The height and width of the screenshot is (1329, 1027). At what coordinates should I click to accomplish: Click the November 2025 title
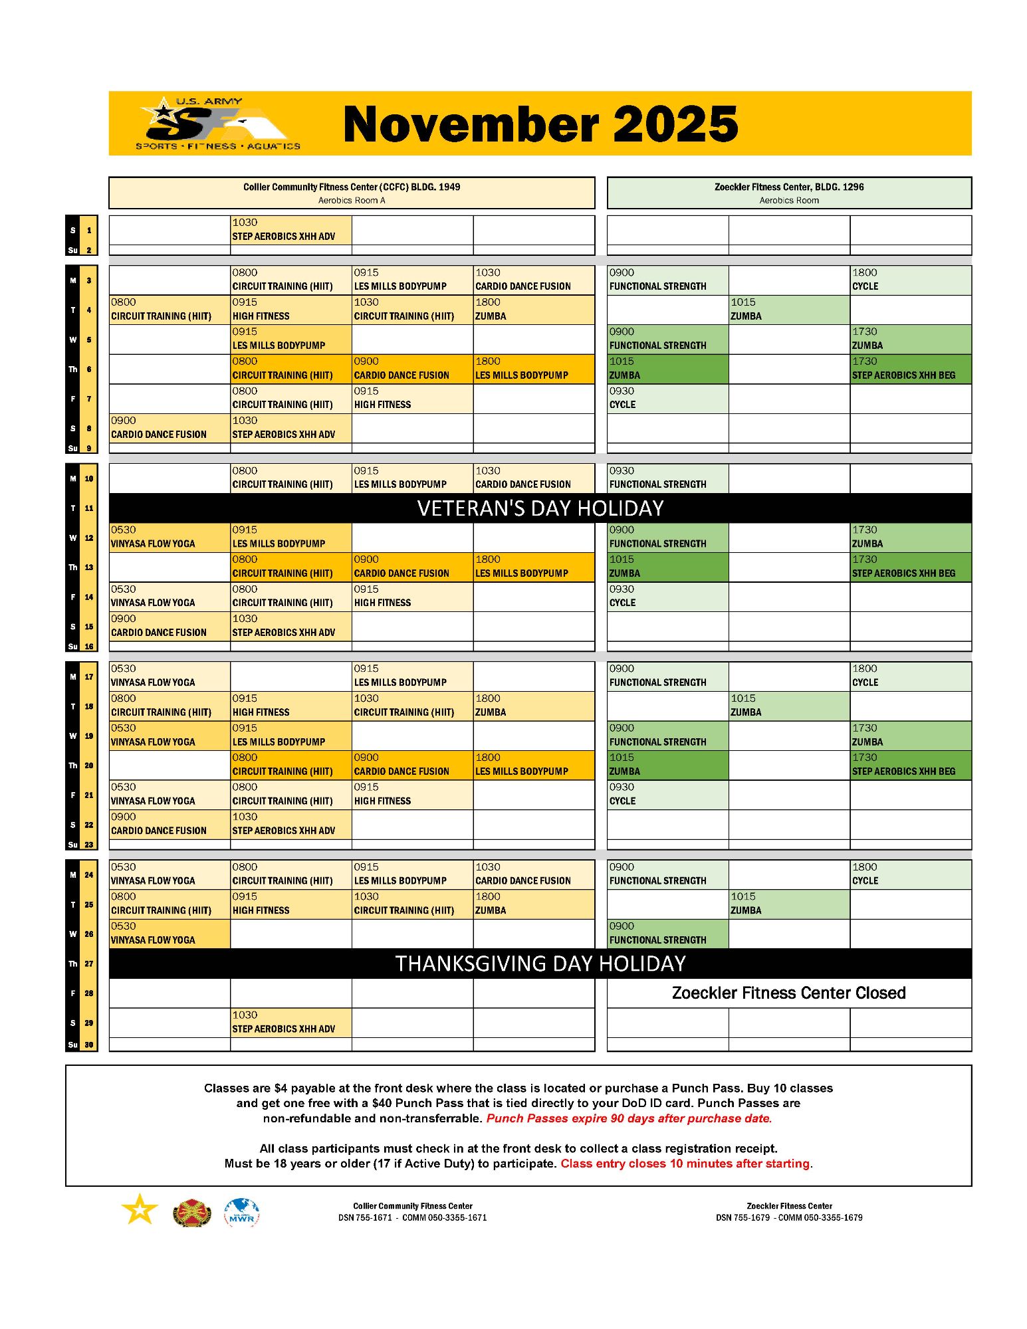540,124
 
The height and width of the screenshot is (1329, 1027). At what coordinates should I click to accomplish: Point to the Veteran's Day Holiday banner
540,508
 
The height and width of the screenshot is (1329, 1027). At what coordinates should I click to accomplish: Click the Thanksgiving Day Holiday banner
540,964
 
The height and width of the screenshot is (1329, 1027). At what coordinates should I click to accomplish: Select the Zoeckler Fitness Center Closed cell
788,993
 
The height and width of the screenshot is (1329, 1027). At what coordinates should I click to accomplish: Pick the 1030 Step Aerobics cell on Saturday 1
290,230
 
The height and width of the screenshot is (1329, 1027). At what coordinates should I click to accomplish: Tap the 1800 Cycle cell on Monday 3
910,280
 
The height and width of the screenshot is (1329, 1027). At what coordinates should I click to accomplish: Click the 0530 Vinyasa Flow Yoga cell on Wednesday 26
170,934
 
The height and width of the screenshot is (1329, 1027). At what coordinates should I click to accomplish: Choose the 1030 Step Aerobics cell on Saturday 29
290,1022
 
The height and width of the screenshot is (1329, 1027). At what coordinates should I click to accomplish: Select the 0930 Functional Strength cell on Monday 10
667,478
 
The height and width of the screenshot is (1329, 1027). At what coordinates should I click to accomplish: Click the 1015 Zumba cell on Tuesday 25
788,904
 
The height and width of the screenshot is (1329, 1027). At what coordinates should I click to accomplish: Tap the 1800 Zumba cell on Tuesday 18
533,706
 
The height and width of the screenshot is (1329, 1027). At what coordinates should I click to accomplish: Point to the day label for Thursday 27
81,964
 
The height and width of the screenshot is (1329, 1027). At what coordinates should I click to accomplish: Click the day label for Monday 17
81,676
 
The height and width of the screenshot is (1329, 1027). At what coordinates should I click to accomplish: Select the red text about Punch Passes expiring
629,1118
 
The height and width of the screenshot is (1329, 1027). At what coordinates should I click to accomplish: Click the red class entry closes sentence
686,1164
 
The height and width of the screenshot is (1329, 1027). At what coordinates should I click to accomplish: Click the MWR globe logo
241,1213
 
